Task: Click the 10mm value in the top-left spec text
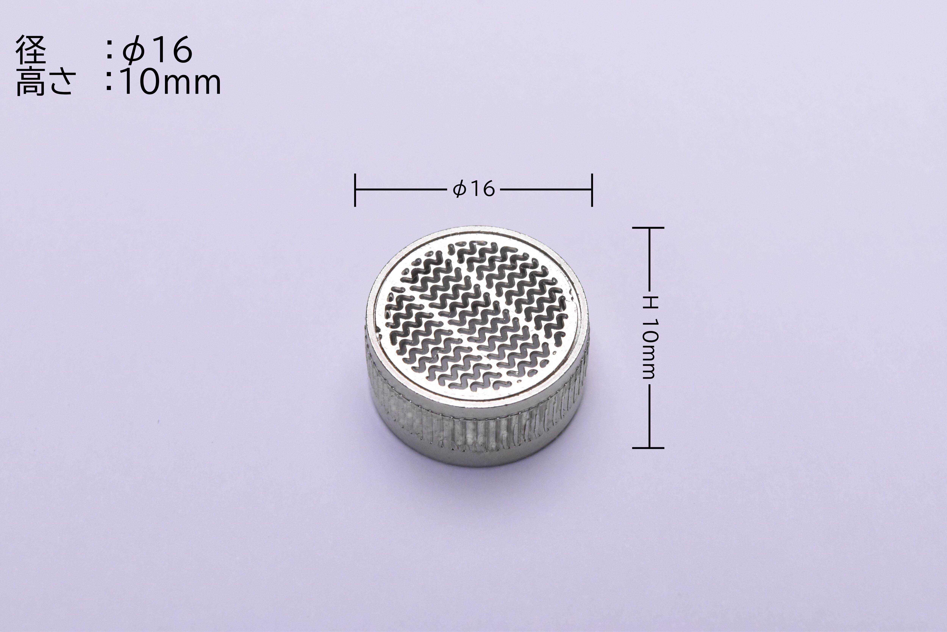(171, 82)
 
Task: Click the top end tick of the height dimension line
(648, 228)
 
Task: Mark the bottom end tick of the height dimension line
(648, 447)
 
